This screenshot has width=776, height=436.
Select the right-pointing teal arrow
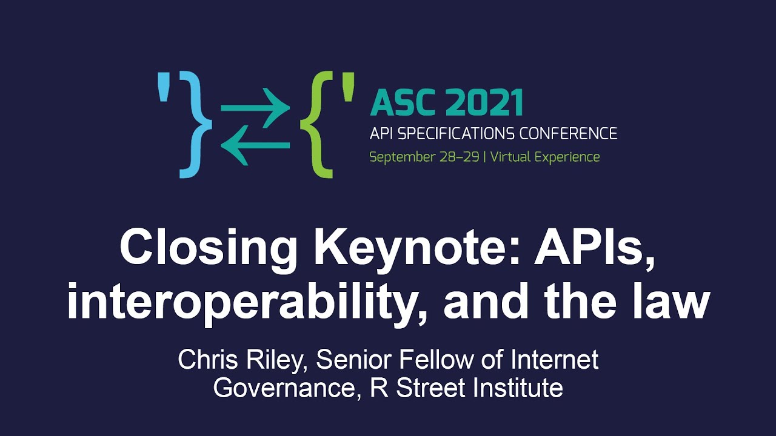(255, 109)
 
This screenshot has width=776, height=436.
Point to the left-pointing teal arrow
(255, 145)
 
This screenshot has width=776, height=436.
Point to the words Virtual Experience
(545, 157)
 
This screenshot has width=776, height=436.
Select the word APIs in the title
(594, 248)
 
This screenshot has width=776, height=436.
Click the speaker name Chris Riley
(242, 360)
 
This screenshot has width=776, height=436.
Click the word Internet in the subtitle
(555, 360)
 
